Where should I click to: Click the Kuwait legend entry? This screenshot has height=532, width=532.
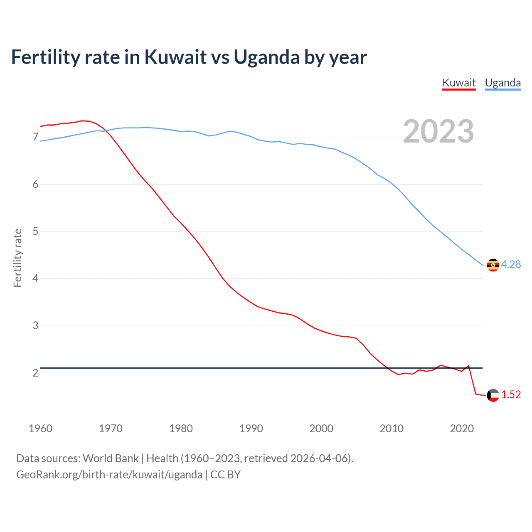pyautogui.click(x=459, y=83)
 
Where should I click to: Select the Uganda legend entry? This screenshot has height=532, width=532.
pyautogui.click(x=502, y=83)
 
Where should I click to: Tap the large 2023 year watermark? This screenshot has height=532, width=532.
pyautogui.click(x=438, y=131)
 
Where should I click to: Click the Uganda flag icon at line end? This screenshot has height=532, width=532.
pyautogui.click(x=493, y=265)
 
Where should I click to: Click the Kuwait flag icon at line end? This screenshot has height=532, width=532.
pyautogui.click(x=493, y=395)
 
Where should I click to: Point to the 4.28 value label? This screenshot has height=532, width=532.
pyautogui.click(x=511, y=264)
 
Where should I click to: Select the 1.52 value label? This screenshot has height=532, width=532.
pyautogui.click(x=511, y=394)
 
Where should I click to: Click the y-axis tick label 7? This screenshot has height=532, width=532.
pyautogui.click(x=35, y=137)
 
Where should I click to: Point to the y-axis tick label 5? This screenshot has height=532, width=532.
pyautogui.click(x=35, y=231)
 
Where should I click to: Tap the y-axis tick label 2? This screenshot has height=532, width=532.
pyautogui.click(x=35, y=373)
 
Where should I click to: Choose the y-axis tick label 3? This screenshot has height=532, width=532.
pyautogui.click(x=35, y=325)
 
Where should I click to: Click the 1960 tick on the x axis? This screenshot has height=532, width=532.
pyautogui.click(x=40, y=429)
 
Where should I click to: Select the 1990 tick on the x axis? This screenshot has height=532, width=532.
pyautogui.click(x=251, y=429)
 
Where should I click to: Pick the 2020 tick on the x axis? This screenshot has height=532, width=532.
pyautogui.click(x=462, y=429)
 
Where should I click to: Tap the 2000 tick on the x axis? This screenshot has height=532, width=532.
pyautogui.click(x=321, y=429)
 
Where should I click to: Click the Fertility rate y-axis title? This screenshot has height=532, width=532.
pyautogui.click(x=17, y=258)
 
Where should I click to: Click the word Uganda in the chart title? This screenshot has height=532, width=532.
pyautogui.click(x=266, y=57)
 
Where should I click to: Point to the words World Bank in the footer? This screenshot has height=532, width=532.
pyautogui.click(x=111, y=458)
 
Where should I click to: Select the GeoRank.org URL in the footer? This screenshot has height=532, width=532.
pyautogui.click(x=109, y=475)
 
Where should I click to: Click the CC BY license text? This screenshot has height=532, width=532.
pyautogui.click(x=225, y=475)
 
